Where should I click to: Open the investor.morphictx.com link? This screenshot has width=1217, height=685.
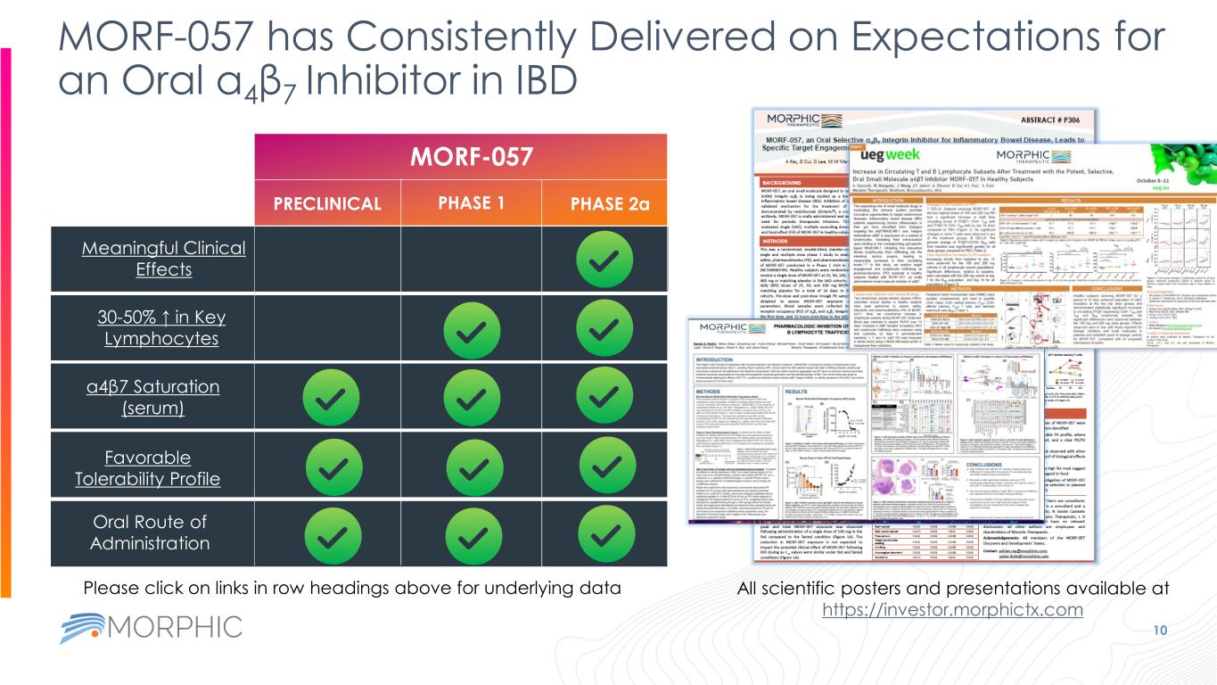point(951,610)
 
